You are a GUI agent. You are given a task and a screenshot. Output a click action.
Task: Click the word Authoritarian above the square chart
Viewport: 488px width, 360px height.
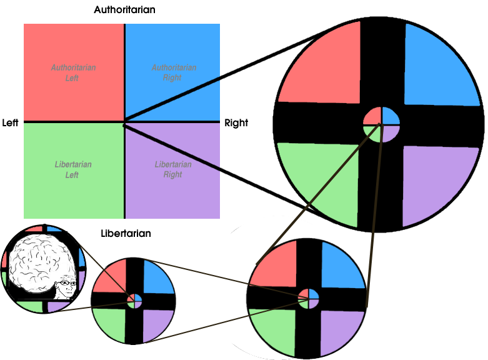click(x=124, y=9)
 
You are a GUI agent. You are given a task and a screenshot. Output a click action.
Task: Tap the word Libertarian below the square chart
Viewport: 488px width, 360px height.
click(x=126, y=233)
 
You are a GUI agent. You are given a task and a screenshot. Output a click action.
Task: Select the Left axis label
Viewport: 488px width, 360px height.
click(x=10, y=122)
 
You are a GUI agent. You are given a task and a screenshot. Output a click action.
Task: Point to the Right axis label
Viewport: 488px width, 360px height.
click(x=236, y=123)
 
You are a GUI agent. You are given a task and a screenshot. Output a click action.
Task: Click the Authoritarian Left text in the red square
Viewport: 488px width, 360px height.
click(x=73, y=72)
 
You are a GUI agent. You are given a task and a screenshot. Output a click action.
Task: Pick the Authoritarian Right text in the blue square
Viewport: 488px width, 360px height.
click(x=174, y=72)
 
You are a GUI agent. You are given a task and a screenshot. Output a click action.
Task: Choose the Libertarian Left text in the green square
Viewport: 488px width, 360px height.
click(x=73, y=169)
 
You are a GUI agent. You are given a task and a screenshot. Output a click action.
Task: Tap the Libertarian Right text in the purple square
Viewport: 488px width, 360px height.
click(x=173, y=169)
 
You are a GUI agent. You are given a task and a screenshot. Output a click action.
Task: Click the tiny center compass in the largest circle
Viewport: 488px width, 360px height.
click(x=382, y=124)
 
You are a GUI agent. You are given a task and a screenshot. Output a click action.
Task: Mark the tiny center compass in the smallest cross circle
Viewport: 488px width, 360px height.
click(x=134, y=301)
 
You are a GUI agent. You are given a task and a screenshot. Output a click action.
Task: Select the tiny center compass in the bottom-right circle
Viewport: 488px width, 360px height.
click(x=309, y=299)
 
